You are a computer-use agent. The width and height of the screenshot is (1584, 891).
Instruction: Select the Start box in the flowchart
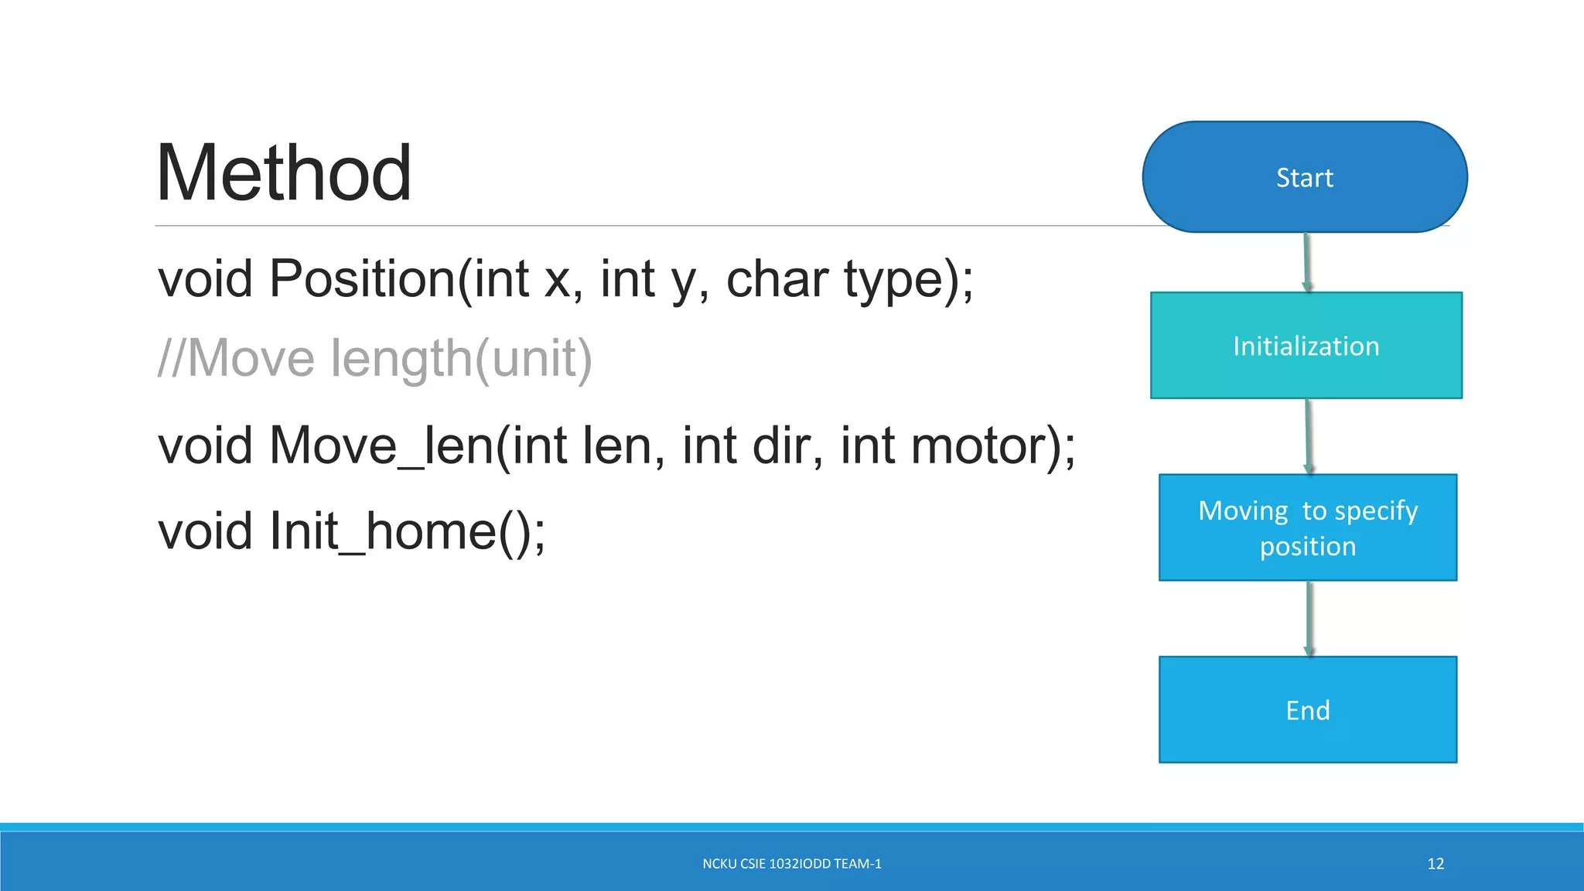[1305, 177]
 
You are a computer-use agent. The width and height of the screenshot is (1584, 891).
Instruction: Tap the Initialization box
[1306, 346]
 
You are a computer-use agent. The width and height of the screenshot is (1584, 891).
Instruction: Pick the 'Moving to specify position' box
[1307, 527]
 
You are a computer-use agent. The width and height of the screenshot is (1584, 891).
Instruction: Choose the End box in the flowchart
[1307, 709]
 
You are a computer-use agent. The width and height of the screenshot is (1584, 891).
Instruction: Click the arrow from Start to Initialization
[1306, 262]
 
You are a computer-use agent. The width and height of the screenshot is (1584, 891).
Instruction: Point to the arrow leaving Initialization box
[1307, 436]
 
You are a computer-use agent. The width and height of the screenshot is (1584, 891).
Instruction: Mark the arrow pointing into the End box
[1309, 619]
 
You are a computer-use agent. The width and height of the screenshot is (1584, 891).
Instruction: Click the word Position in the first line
[362, 278]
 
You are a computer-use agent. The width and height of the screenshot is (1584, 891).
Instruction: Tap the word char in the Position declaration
[777, 278]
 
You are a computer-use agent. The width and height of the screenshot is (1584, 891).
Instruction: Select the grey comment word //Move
[236, 358]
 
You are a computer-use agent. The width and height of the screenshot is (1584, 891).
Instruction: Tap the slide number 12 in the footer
[1435, 864]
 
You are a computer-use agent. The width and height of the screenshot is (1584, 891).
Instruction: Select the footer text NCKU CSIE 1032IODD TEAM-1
[791, 864]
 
